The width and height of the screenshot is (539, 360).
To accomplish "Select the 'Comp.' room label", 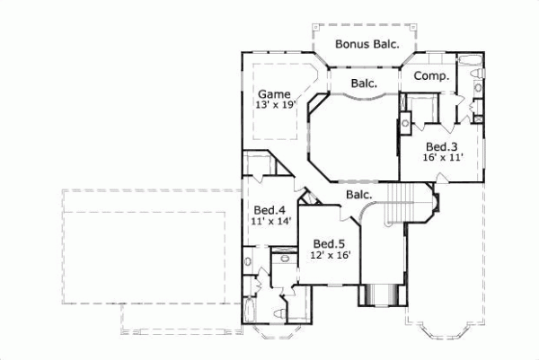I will [431, 76].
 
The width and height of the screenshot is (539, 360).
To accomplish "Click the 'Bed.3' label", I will [442, 146].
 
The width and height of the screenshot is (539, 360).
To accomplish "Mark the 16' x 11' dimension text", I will [442, 158].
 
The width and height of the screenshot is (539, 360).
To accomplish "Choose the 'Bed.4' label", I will [269, 209].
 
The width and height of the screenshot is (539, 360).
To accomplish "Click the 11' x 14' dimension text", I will [269, 221].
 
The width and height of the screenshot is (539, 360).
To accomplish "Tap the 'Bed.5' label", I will [330, 243].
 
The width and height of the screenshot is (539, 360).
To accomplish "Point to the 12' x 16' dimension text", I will [330, 255].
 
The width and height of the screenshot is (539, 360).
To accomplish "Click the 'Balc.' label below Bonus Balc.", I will [363, 83].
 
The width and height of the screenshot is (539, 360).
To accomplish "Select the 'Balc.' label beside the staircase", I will [358, 194].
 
